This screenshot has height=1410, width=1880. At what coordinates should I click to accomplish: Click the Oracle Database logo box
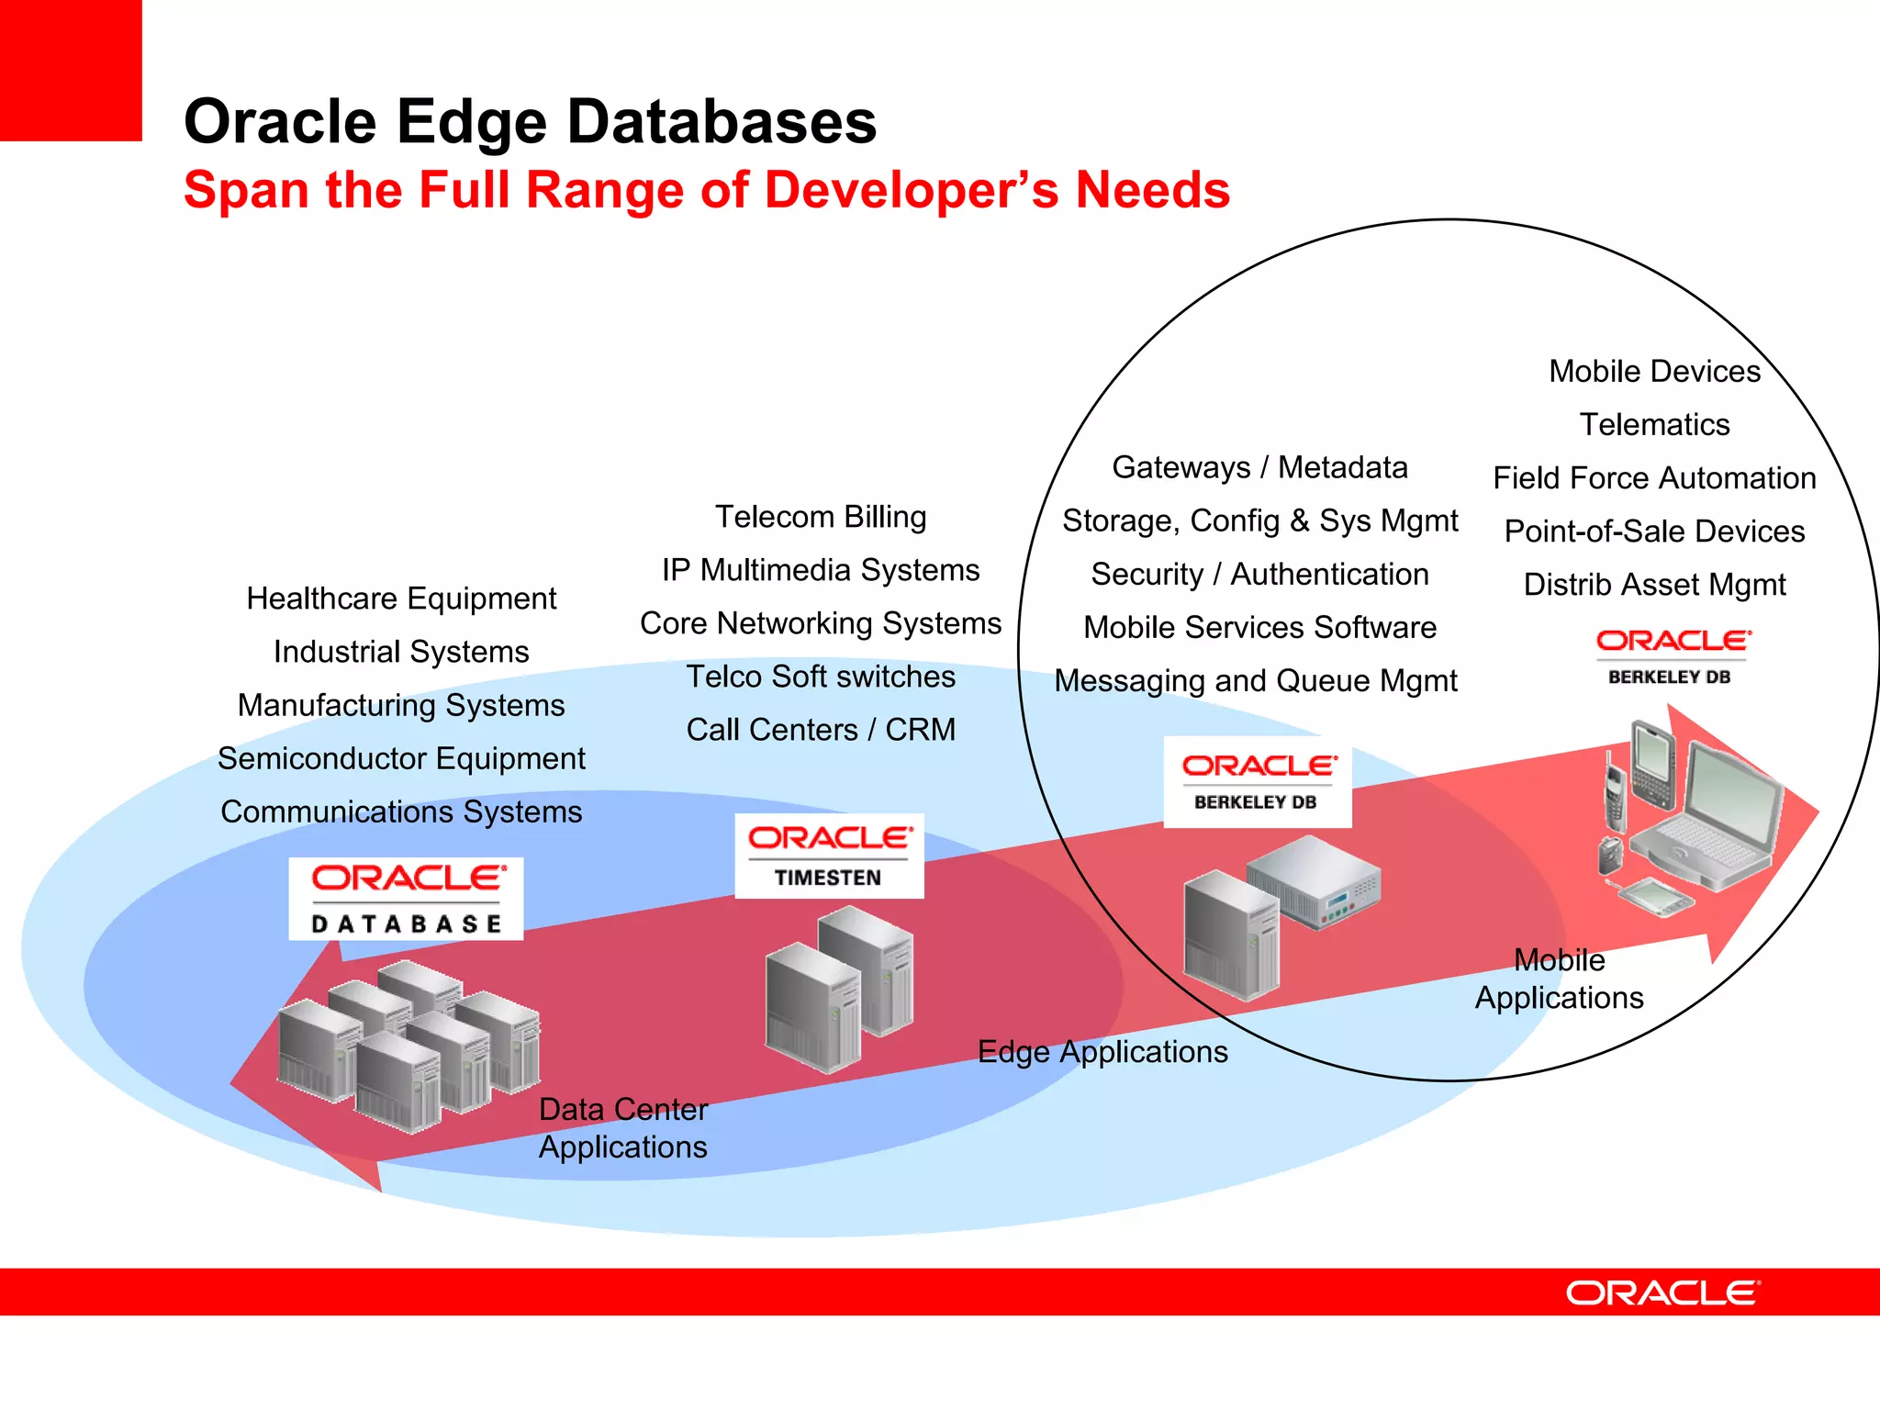tap(406, 898)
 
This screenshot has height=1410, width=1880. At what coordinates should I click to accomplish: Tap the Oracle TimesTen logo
tap(829, 856)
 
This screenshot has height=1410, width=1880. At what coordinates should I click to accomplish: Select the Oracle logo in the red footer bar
tap(1662, 1292)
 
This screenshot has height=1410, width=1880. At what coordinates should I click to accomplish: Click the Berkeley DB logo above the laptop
tap(1672, 655)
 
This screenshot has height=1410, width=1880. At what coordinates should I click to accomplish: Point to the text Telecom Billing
tap(821, 517)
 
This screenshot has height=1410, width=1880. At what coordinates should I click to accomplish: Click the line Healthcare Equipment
tap(401, 599)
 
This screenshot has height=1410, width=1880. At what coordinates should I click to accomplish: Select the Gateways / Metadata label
tap(1259, 467)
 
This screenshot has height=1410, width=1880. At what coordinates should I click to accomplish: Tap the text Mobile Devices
tap(1654, 371)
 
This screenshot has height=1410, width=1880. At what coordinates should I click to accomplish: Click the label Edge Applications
tap(1102, 1051)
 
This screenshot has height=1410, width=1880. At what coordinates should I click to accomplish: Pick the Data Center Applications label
tap(623, 1128)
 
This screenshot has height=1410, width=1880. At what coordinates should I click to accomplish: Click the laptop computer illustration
tap(1707, 817)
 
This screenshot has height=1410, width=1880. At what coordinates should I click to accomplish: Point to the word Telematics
tap(1654, 424)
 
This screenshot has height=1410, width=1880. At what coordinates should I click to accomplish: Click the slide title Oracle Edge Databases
tap(530, 121)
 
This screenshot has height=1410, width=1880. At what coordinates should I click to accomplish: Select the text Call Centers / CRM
tap(821, 730)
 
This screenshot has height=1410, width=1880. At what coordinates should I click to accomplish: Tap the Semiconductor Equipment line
tap(401, 758)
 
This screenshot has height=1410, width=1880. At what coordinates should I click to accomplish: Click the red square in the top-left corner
tap(71, 70)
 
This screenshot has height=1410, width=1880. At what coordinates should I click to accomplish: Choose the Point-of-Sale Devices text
tap(1654, 531)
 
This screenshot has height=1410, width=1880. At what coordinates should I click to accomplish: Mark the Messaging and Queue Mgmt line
tap(1256, 680)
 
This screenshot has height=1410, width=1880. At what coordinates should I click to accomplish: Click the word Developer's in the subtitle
tap(919, 190)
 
